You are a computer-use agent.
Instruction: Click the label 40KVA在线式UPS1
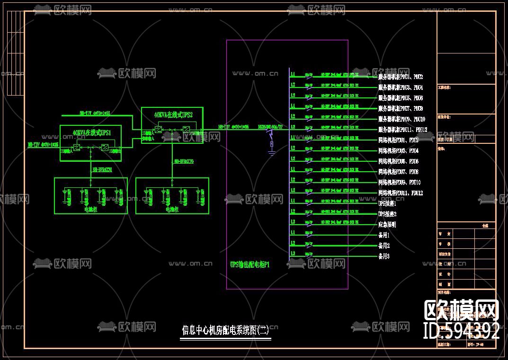pyautogui.click(x=92, y=133)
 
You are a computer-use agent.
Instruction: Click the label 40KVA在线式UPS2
pyautogui.click(x=173, y=115)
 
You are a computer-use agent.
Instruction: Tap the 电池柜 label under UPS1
pyautogui.click(x=90, y=209)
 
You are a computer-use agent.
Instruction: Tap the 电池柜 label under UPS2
pyautogui.click(x=172, y=209)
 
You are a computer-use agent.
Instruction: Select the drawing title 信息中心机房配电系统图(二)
pyautogui.click(x=225, y=330)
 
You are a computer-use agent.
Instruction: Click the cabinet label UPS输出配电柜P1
pyautogui.click(x=250, y=265)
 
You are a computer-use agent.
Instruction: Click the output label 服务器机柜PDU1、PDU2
pyautogui.click(x=401, y=77)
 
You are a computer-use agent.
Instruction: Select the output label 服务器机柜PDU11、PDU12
pyautogui.click(x=402, y=130)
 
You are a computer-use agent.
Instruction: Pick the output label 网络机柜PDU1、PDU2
pyautogui.click(x=398, y=140)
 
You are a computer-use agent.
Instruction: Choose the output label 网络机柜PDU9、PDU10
pyautogui.click(x=400, y=183)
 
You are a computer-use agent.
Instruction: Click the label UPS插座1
pyautogui.click(x=387, y=203)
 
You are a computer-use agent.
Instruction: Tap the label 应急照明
pyautogui.click(x=387, y=225)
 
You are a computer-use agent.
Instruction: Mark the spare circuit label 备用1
pyautogui.click(x=383, y=235)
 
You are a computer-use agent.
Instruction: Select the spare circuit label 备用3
pyautogui.click(x=383, y=256)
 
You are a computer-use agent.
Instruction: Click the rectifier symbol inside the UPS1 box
pyautogui.click(x=76, y=148)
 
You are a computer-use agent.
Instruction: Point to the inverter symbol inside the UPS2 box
pyautogui.click(x=187, y=130)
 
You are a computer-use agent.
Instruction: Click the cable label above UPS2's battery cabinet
pyautogui.click(x=184, y=162)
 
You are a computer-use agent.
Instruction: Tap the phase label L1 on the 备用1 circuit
pyautogui.click(x=293, y=233)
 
